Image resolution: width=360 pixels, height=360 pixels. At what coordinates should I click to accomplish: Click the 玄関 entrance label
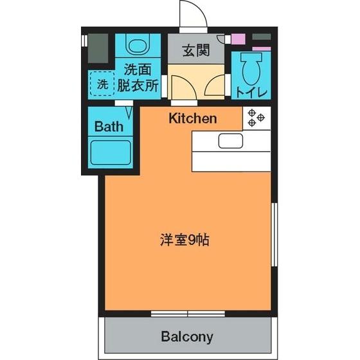coord(196,51)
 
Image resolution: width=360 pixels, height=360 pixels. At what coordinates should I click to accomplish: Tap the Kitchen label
coord(193,118)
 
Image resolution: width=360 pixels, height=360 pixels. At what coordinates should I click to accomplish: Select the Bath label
coord(109,127)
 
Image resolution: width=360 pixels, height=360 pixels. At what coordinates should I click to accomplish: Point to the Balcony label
coord(187,337)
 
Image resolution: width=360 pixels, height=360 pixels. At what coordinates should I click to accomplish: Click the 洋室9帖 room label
coord(184,240)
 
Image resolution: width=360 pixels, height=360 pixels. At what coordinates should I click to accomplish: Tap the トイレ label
coord(251,93)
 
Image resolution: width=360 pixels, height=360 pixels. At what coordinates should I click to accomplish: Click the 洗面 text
coord(138,69)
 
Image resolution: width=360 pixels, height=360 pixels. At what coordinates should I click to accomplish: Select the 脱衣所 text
coord(138,85)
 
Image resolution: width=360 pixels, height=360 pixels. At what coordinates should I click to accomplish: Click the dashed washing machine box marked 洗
coord(102,84)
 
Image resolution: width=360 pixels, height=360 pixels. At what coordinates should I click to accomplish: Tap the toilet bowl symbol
coord(251,69)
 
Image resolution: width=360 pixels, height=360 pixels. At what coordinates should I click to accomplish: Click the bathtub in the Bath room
coord(111,152)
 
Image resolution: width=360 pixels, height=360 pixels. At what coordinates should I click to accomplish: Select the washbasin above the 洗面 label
coord(138,44)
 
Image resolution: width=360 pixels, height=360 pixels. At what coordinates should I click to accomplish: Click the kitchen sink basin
coord(231,141)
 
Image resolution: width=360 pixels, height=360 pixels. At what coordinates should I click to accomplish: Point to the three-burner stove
coord(256,118)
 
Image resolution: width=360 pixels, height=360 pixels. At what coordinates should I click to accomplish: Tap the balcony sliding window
coord(188,314)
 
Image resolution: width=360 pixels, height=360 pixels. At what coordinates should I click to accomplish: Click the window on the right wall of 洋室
coord(274,235)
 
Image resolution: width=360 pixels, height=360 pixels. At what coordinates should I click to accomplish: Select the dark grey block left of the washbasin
coord(98,48)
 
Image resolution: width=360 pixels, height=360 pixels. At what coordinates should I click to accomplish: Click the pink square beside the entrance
coord(238,39)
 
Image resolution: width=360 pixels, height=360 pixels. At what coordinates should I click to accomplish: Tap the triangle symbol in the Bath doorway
coord(129,112)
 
